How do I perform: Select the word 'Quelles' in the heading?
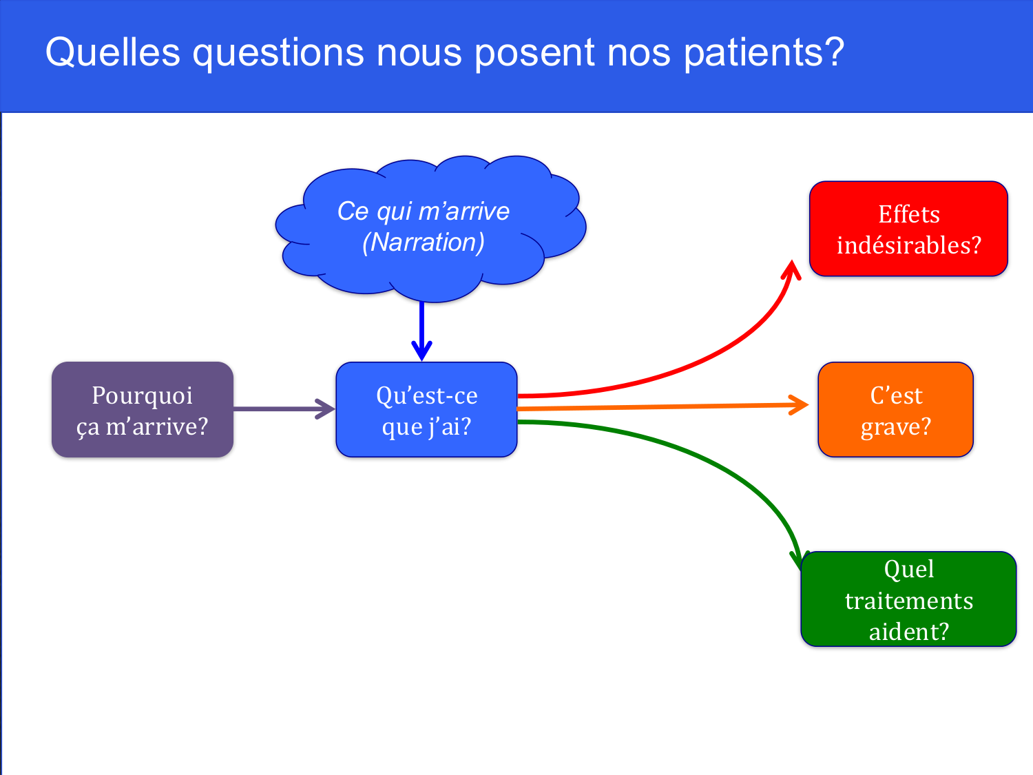tap(112, 52)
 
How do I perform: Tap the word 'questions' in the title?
tap(278, 53)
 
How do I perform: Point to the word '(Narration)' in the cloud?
tap(424, 242)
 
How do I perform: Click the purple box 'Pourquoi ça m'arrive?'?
tap(143, 410)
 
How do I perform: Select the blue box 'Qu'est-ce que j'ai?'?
tap(426, 410)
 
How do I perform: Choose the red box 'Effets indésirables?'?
tap(908, 229)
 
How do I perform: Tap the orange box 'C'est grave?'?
tap(895, 410)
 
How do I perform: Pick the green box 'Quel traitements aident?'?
tap(908, 599)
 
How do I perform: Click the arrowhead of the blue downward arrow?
tap(421, 351)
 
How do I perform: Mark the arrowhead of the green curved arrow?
tap(797, 560)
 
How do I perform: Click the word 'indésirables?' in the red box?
tap(908, 245)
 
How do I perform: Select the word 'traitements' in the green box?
tap(908, 601)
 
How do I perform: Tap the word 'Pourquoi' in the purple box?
tap(143, 395)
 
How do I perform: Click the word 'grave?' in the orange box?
tap(895, 427)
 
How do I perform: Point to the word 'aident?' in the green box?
tap(908, 632)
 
